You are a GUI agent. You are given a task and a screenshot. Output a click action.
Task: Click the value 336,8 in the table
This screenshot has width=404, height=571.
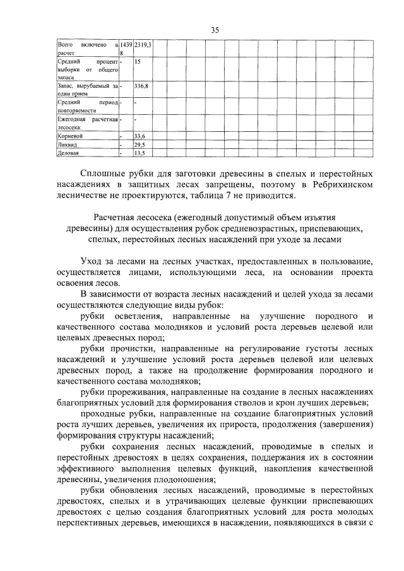[x=141, y=85]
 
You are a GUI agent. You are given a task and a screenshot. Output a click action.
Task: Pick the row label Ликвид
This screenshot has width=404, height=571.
[x=68, y=144]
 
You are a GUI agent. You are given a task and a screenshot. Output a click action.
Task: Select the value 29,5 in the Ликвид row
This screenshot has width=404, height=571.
[x=140, y=144]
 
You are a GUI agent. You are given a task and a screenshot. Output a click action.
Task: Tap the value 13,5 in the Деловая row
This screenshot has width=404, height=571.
[x=140, y=153]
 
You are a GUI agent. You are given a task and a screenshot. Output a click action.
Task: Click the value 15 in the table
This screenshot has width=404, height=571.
[x=138, y=62]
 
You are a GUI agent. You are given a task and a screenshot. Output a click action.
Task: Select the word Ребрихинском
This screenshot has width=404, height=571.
[x=340, y=184]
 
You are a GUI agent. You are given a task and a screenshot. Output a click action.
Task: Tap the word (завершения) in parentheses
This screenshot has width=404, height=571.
[x=341, y=427]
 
